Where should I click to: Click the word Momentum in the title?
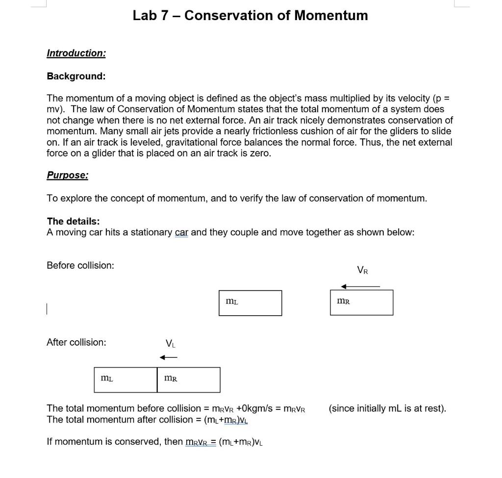[x=331, y=16]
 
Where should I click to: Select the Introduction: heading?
[x=76, y=53]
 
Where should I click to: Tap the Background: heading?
[x=76, y=76]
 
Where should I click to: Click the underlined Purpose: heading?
[x=68, y=175]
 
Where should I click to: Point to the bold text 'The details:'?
[x=73, y=221]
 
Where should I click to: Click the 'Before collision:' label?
[x=80, y=265]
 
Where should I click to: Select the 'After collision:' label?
[x=76, y=342]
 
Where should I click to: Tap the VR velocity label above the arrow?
[x=362, y=270]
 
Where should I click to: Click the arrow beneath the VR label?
[x=360, y=286]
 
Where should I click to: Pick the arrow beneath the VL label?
[x=169, y=357]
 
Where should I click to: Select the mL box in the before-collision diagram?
[x=250, y=303]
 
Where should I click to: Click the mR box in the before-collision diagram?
[x=361, y=302]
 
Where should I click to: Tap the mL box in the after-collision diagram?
[x=125, y=380]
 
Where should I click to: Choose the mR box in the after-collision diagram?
[x=189, y=380]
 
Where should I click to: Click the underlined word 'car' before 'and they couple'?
[x=181, y=232]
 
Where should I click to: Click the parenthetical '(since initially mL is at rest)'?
[x=387, y=408]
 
